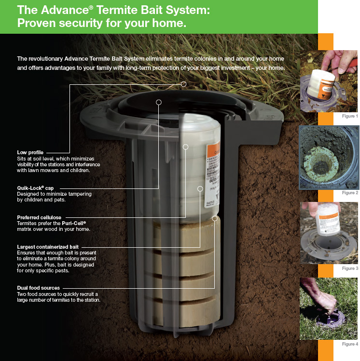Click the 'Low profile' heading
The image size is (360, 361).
coord(30,152)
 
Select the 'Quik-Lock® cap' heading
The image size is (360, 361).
coord(35,187)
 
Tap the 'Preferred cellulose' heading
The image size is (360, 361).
coord(39,217)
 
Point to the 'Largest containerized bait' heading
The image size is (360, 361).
coord(48,247)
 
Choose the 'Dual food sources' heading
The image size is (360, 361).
coord(39,288)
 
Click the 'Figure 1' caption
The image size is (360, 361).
coord(350,116)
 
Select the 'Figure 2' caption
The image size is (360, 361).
coord(350,192)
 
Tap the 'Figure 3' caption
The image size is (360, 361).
coord(350,268)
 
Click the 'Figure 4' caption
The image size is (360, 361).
coord(350,344)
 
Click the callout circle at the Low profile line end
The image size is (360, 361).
coord(184,84)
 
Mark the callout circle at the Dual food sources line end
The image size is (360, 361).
coord(216,218)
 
